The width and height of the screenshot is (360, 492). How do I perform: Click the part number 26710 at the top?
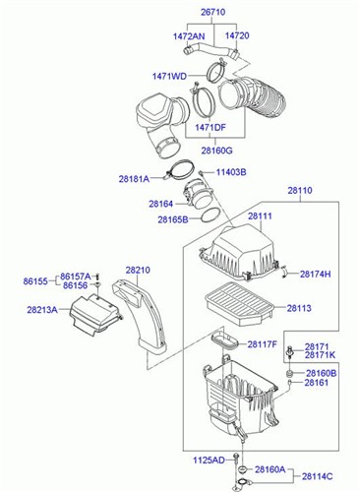[212, 12]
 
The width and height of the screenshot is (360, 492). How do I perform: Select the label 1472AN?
[189, 36]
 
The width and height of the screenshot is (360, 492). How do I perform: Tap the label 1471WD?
[169, 77]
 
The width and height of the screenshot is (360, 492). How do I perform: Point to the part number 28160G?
[216, 151]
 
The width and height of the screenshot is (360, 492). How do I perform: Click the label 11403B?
[231, 172]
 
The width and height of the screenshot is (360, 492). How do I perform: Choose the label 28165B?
[173, 219]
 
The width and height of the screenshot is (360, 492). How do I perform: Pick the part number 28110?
[300, 190]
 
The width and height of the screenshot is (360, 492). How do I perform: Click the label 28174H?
[316, 275]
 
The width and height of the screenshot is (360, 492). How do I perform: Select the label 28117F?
[263, 344]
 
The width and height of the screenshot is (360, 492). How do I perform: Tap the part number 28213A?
[42, 310]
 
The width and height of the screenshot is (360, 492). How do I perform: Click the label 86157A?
[76, 277]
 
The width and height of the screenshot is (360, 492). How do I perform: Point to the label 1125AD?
[209, 461]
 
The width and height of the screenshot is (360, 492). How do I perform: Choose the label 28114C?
[318, 476]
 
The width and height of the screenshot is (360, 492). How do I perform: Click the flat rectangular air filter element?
[240, 304]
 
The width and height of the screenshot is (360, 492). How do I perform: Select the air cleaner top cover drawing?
[238, 253]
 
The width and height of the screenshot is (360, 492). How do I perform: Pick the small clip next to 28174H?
[285, 273]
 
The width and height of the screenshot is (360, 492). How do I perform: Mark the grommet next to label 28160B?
[289, 374]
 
